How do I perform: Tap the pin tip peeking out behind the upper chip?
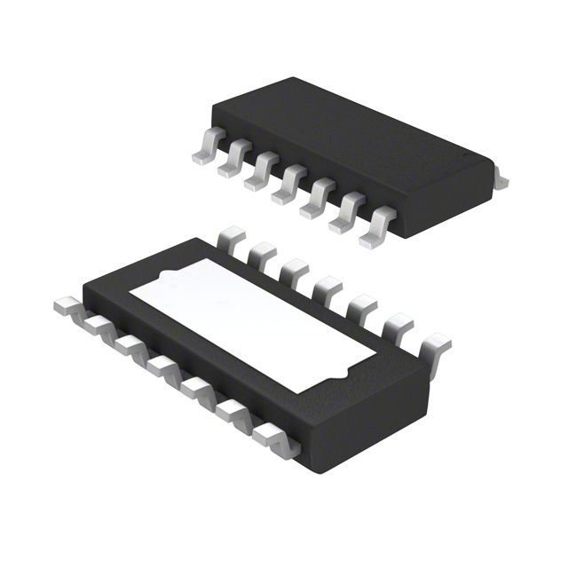501,180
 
